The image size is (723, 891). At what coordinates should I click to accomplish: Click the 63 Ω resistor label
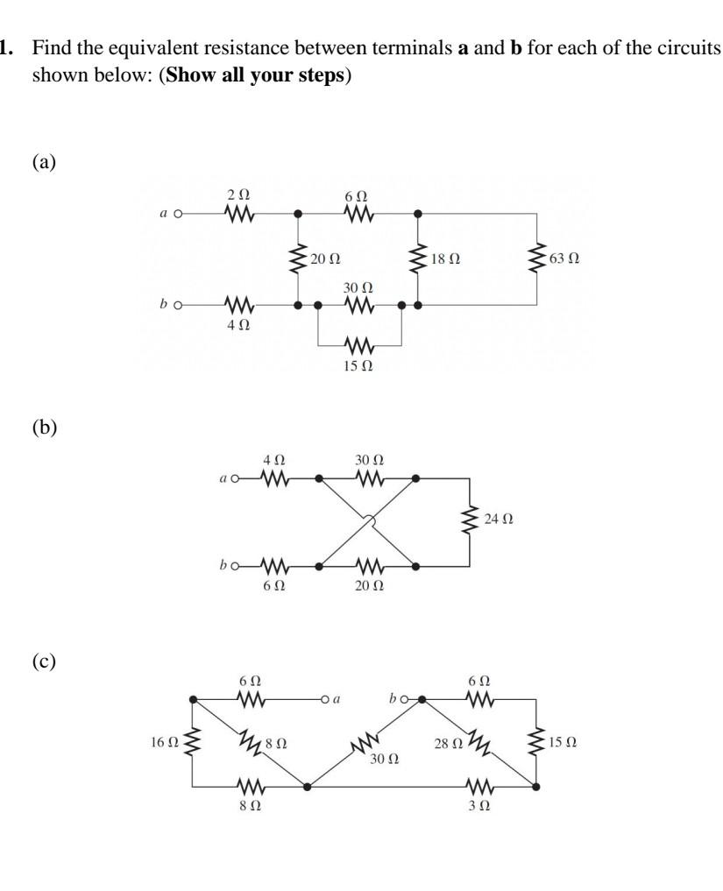564,260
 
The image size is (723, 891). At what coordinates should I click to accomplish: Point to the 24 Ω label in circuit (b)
500,520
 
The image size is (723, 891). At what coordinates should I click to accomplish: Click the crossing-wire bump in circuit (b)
369,522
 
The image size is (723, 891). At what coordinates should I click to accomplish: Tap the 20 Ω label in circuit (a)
326,260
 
